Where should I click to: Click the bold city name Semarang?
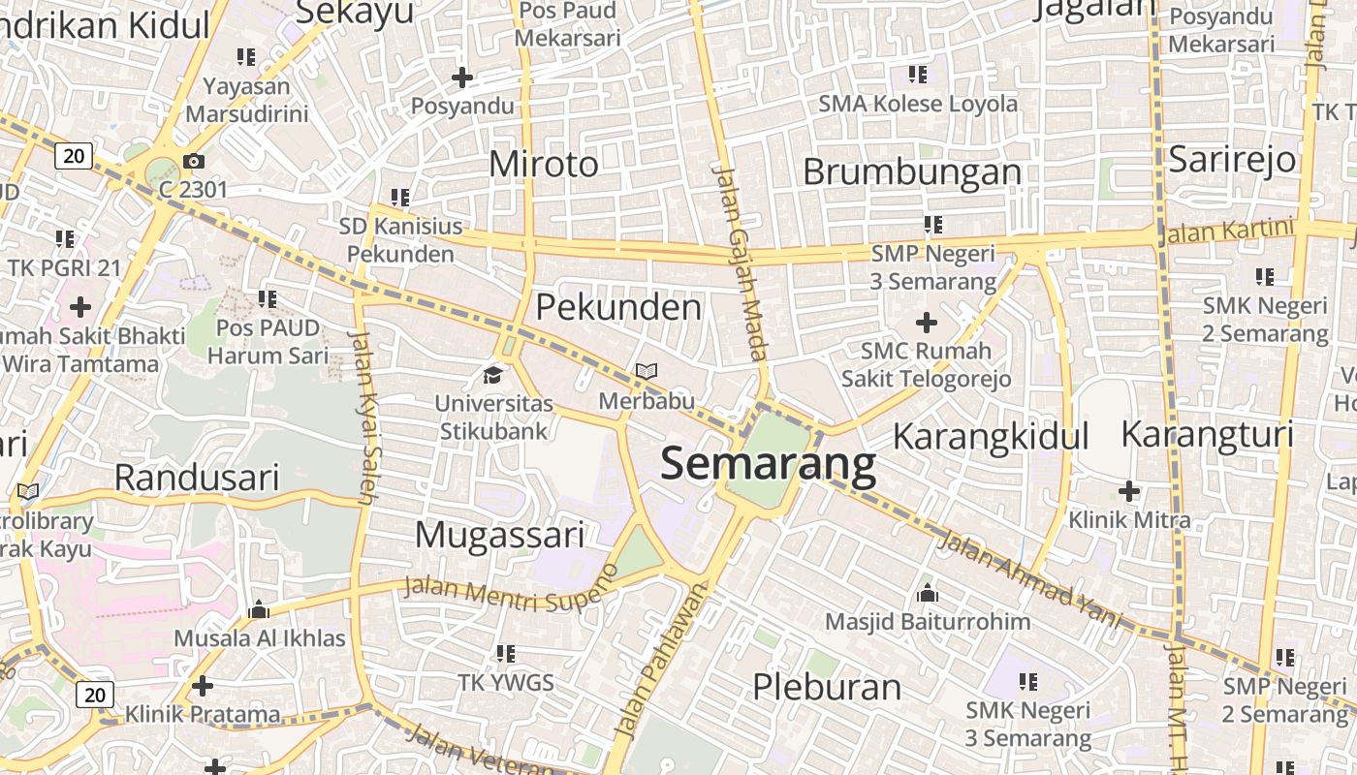pos(768,464)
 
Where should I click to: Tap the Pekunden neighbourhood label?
pos(618,307)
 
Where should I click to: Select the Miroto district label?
pos(544,164)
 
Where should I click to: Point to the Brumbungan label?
pos(912,171)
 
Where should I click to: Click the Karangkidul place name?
pos(991,436)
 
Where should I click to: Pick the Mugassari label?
pos(499,535)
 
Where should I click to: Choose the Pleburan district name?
pos(827,687)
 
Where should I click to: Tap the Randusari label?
pos(197,478)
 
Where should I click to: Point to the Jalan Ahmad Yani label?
pos(1031,581)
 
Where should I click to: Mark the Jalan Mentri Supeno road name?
pos(510,590)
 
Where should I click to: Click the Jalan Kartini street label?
pos(1228,232)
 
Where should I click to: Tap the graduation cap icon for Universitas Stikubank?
pos(494,374)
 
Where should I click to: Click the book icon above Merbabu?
pos(647,371)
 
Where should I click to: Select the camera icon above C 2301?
pos(194,161)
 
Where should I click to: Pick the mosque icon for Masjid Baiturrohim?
pos(928,593)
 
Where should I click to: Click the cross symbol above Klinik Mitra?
pos(1129,491)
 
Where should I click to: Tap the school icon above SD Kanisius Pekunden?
pos(400,198)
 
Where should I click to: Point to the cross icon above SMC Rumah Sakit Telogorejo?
pos(927,322)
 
